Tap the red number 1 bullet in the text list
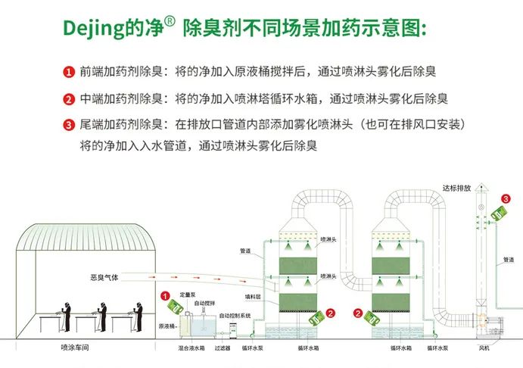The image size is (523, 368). coord(68,73)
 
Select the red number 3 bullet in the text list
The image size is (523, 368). coord(68,125)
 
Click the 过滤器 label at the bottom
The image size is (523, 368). coord(222,349)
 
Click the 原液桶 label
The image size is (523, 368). coord(167,326)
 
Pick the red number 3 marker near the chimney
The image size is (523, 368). coord(506,199)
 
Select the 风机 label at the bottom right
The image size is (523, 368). coord(484,349)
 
